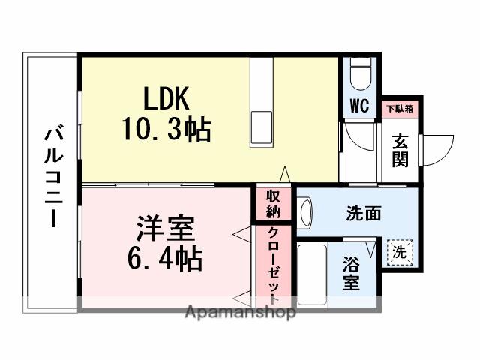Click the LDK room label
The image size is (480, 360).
pos(166,99)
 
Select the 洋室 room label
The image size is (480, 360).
pos(166,226)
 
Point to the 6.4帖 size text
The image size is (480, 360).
pos(166,259)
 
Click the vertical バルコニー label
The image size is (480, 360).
pos(52,177)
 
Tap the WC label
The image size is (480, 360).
pos(359,106)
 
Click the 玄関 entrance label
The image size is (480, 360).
pos(400,149)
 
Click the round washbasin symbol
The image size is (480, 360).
pos(305,212)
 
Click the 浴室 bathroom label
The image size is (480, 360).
pos(351,273)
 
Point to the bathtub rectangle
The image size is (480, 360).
pos(311,274)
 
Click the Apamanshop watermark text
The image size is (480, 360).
pos(240,312)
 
